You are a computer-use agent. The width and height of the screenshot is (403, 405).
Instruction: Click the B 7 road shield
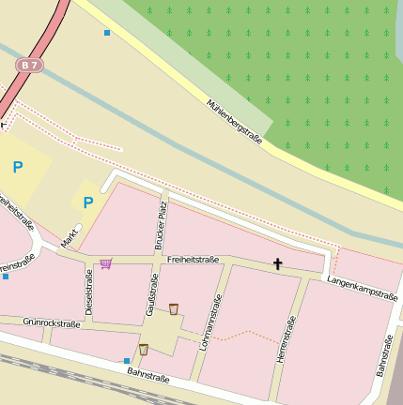(30, 65)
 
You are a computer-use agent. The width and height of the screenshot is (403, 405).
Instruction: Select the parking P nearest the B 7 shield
(17, 168)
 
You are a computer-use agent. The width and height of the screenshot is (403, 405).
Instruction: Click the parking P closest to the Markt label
(88, 202)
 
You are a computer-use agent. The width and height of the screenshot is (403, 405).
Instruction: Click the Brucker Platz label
(161, 228)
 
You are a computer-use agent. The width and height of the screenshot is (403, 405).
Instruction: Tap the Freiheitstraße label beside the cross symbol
(194, 260)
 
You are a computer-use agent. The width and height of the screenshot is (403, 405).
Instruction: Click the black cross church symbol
(277, 264)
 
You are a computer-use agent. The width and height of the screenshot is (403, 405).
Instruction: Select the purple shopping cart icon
(105, 263)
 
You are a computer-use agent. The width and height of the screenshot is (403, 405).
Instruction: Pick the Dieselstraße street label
(89, 292)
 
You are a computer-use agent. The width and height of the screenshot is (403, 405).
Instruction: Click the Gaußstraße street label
(149, 294)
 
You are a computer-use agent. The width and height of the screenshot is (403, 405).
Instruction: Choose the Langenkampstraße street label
(362, 288)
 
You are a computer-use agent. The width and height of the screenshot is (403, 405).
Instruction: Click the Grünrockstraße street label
(52, 323)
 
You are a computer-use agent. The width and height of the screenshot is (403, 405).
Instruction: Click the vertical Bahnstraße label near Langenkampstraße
(383, 356)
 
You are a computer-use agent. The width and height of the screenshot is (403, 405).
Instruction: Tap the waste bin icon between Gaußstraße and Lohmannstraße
(174, 308)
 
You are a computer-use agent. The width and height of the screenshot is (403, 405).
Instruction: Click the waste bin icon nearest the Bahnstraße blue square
(143, 350)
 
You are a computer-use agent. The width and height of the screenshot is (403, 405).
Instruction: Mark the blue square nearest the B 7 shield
(107, 33)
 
